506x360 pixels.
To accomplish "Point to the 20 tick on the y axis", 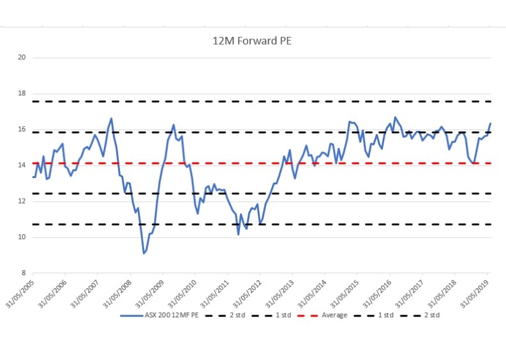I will pos(22,57).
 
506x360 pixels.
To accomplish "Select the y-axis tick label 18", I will pos(22,93).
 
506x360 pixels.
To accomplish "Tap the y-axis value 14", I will pos(22,165).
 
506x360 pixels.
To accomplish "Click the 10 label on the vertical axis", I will pos(22,237).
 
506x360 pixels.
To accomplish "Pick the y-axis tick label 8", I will pos(24,273).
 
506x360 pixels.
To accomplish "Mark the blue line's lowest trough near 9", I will pos(144,253).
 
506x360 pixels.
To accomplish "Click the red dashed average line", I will pos(255,163).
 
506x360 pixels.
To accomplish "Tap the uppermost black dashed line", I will pos(255,101).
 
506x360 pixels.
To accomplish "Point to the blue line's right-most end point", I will pos(490,123).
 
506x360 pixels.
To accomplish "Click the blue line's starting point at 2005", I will pos(33,177).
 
